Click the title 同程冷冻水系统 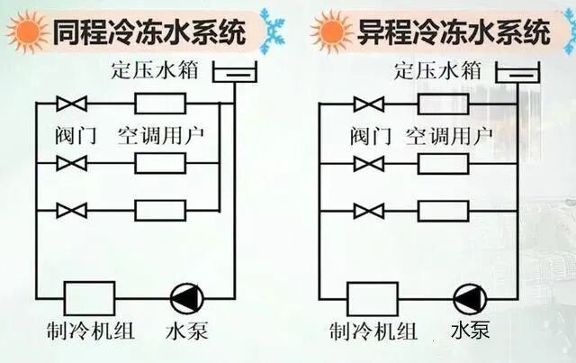coord(149,33)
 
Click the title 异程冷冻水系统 coord(441,33)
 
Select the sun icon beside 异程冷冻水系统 coord(328,34)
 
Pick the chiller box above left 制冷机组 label coord(89,298)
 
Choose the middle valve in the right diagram coord(367,164)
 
